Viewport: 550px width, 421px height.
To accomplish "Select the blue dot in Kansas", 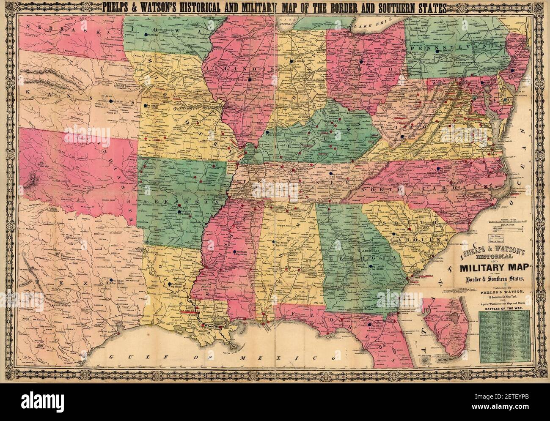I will click(x=111, y=101).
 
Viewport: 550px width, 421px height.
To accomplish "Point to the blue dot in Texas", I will click(x=110, y=279).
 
